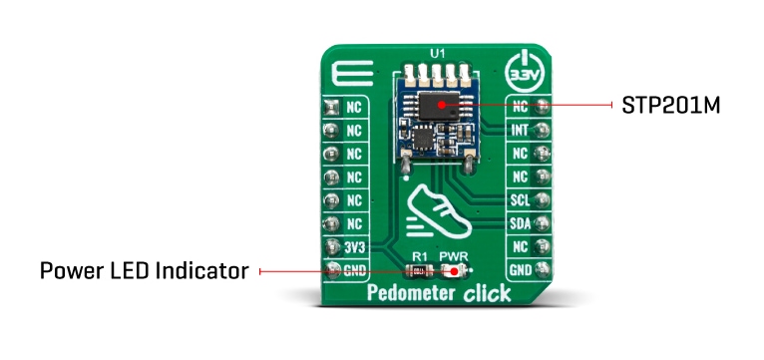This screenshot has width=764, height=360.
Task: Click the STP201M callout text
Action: (x=671, y=105)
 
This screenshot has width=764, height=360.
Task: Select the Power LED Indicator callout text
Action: (x=144, y=270)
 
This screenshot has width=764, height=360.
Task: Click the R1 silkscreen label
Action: (x=420, y=255)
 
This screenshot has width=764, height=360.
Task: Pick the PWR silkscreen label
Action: (x=455, y=255)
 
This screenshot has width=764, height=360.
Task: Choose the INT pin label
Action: (x=518, y=129)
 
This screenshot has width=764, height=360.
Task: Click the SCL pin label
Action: (x=518, y=199)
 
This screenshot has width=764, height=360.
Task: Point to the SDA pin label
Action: (x=518, y=222)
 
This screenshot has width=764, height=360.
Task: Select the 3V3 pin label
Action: (x=353, y=245)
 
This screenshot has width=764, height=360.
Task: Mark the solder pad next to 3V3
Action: (x=329, y=245)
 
